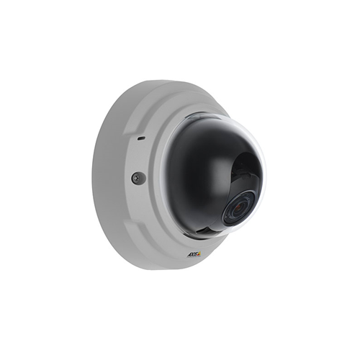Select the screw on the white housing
coord(138,178)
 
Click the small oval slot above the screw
coord(140,137)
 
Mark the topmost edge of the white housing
coord(162,81)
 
